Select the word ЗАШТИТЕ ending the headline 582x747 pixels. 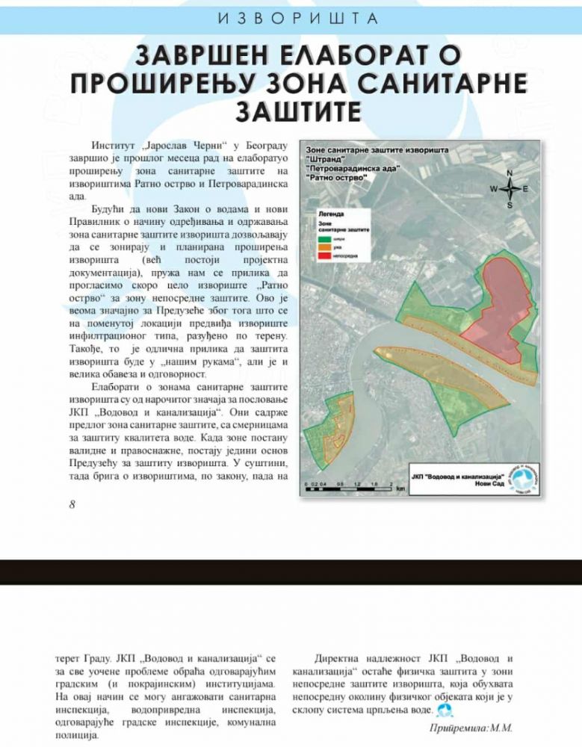[x=298, y=111]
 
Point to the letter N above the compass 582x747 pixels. [x=510, y=173]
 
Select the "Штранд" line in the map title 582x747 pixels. [x=324, y=160]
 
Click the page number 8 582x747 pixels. [x=72, y=503]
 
